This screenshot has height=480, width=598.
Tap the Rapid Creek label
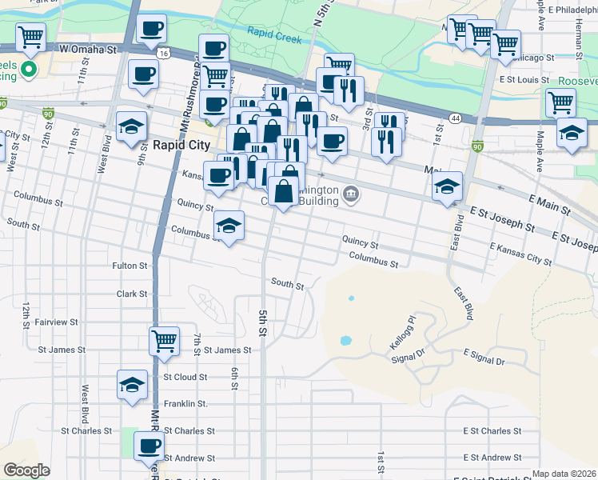pos(275,34)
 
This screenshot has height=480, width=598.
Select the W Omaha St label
pos(90,49)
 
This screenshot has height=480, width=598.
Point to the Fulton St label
pos(130,265)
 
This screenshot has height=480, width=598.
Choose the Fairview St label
pos(56,322)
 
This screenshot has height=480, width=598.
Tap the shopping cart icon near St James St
pos(165,340)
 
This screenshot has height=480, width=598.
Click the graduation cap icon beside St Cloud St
pos(133,384)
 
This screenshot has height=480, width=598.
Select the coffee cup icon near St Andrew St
pos(148,446)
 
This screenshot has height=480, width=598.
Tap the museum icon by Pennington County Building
pos(351,194)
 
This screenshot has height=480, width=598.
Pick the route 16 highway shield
pos(163,53)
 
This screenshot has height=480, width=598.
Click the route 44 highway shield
pos(455,118)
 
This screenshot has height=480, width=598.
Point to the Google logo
pos(26,470)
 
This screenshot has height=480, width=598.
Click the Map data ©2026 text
pos(563,474)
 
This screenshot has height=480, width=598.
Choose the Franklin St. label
pos(185,404)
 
